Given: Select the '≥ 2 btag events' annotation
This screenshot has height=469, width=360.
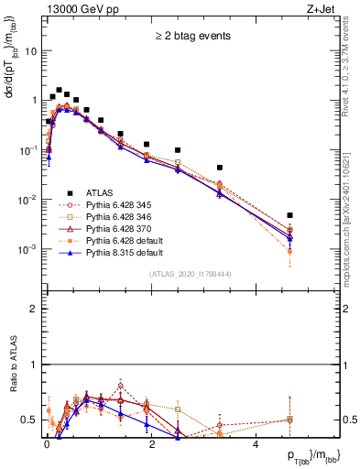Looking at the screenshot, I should [x=191, y=37].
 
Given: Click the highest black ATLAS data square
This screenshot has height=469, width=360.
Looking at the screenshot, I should [x=59, y=91].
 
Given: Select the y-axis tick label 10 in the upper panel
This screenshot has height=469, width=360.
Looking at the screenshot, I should [x=32, y=51].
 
